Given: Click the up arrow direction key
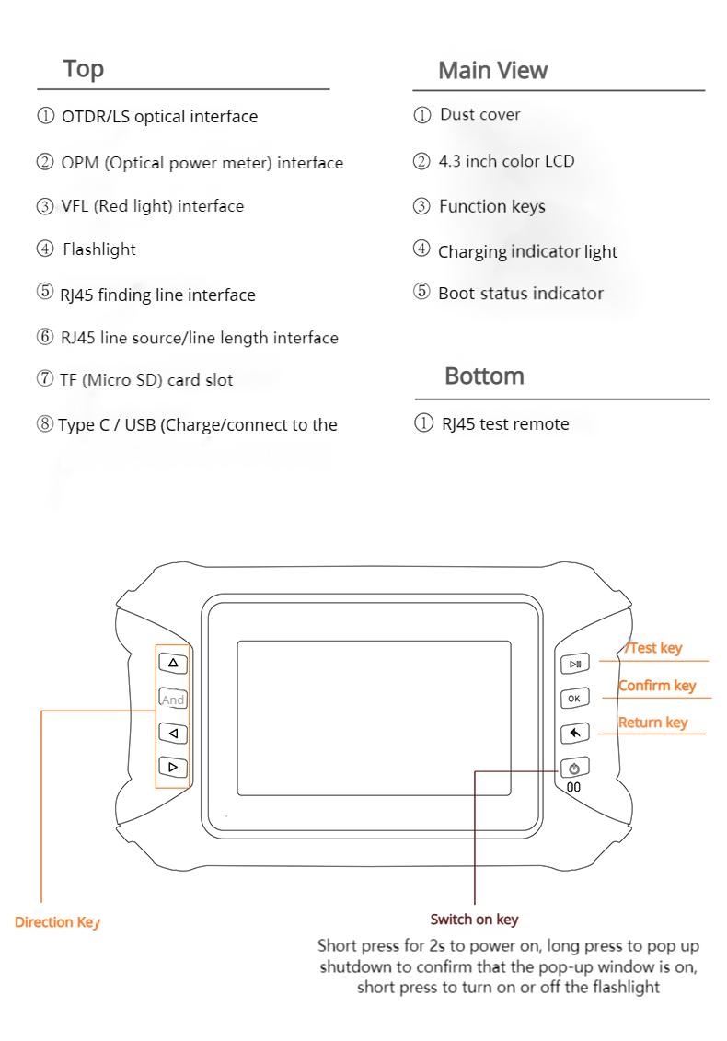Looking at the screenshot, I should point(173,663).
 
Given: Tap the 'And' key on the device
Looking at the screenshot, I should point(173,700).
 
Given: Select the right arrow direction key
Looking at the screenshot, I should point(173,766).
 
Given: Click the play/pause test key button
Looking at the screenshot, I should point(574,664).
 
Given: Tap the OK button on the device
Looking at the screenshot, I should point(574,699).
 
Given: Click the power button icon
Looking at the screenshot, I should point(574,768).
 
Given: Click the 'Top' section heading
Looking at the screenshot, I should point(83,69).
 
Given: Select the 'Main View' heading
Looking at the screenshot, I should point(492,70).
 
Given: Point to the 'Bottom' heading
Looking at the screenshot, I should point(484,376).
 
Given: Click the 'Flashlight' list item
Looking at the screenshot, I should point(98,250).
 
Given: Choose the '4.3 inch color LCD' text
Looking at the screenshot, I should point(506,161).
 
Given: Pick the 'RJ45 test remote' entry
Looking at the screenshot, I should point(503,424).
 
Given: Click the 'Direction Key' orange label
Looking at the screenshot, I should point(56,922).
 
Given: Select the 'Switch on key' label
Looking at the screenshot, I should point(474,920).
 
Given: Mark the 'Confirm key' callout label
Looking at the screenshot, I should point(657,686).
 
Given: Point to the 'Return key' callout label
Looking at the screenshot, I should point(653,723).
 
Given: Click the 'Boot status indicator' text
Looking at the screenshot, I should point(521,294).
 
